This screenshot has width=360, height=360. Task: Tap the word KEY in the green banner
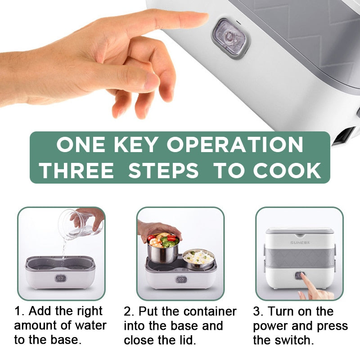(136, 144)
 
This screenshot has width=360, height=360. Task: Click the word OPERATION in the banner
(235, 144)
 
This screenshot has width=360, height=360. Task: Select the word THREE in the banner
(76, 171)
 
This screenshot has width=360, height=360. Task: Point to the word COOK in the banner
(287, 171)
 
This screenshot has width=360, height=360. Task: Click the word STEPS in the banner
(163, 171)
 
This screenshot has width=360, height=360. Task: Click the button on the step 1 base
(60, 278)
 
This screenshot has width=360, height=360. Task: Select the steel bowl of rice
(198, 260)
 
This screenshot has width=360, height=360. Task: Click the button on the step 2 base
(181, 279)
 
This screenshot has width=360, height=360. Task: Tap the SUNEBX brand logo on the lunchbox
(300, 243)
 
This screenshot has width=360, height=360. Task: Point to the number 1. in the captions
(19, 311)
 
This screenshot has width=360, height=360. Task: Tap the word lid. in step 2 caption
(188, 340)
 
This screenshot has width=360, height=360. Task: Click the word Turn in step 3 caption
(280, 311)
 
